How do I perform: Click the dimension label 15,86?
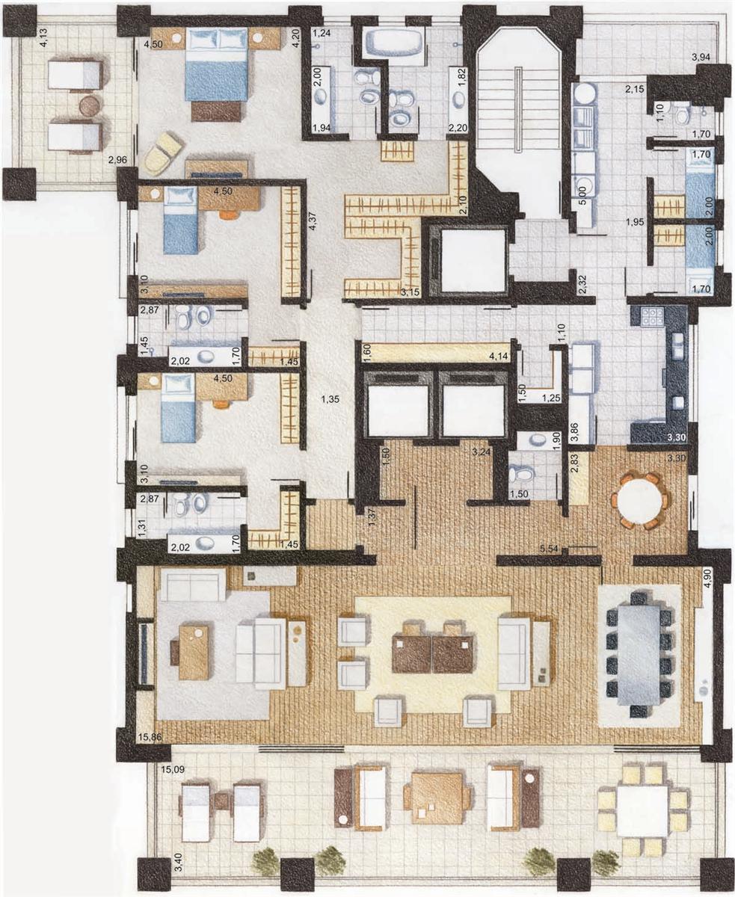coord(150,737)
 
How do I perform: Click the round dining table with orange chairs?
coord(639,501)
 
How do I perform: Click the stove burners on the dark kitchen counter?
coord(651,316)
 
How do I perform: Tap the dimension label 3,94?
coord(701,58)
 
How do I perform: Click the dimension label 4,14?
coord(499,356)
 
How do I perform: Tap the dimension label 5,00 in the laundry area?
coord(582,196)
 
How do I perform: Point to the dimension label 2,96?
coord(117,160)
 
